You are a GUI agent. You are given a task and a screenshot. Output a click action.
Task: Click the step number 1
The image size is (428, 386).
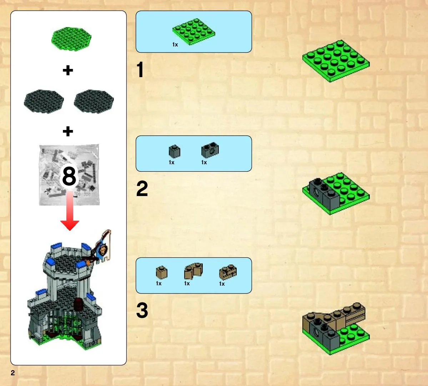click(x=140, y=69)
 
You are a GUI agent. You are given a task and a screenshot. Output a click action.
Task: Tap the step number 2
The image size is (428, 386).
click(x=142, y=189)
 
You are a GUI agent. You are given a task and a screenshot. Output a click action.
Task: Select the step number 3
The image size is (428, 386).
click(x=142, y=310)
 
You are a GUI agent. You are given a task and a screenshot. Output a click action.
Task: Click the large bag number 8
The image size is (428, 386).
click(x=69, y=176)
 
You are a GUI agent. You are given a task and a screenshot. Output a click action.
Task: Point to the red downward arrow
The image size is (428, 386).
click(x=70, y=210)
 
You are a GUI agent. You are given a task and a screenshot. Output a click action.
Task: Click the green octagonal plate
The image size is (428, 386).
click(x=71, y=39)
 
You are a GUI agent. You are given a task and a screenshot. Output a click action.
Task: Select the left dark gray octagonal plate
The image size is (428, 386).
click(x=44, y=101)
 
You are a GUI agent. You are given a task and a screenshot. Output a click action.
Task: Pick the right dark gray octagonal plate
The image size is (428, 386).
click(x=94, y=101)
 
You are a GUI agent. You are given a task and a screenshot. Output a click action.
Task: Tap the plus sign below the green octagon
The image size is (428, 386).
click(x=68, y=70)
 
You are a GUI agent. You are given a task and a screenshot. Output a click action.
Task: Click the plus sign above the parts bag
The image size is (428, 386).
click(x=68, y=131)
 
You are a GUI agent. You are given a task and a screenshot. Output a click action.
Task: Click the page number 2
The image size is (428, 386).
click(x=12, y=373)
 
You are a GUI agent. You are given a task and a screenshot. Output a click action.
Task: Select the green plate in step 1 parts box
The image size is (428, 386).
click(x=194, y=31)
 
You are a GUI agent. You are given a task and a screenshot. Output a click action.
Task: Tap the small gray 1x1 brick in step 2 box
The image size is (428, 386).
click(x=175, y=151)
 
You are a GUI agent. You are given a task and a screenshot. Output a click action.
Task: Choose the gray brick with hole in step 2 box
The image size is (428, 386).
click(x=210, y=150)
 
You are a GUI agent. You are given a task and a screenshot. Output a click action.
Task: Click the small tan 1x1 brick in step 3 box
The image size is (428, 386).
click(x=162, y=272)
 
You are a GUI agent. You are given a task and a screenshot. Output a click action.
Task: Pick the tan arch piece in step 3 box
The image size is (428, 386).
click(x=193, y=271)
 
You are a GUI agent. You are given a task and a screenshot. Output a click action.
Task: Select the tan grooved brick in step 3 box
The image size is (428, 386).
click(x=228, y=272)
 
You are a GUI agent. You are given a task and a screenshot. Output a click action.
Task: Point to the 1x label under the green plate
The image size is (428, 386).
click(x=175, y=45)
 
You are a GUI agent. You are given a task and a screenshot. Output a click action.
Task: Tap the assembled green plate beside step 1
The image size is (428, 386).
click(x=336, y=61)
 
